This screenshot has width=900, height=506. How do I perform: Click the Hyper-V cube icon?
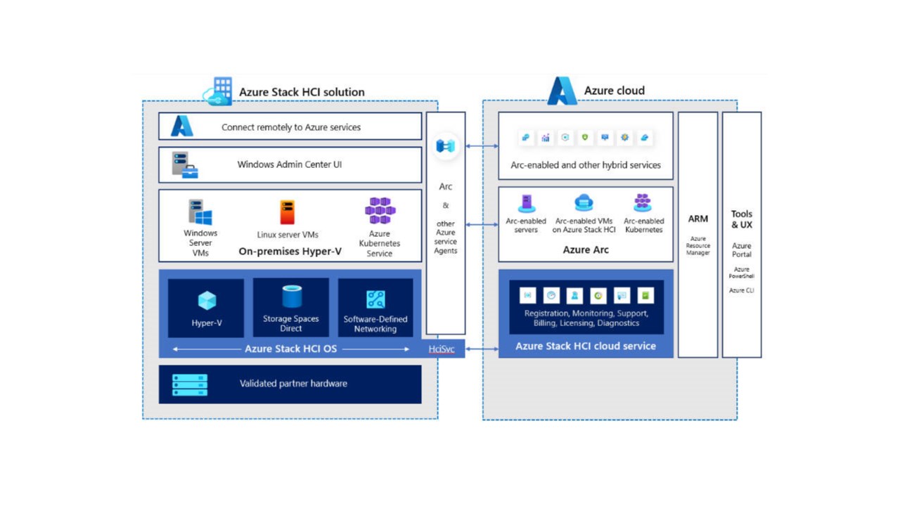[x=207, y=300]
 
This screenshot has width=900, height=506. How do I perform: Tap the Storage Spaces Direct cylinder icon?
[x=292, y=297]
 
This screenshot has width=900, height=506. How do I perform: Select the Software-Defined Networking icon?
[x=375, y=299]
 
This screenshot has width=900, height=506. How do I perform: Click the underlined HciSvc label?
[x=441, y=349]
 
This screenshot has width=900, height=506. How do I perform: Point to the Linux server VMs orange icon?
[x=288, y=212]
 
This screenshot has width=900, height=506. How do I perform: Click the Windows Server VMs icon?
[x=200, y=212]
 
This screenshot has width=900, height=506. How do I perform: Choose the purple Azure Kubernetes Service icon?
[x=380, y=210]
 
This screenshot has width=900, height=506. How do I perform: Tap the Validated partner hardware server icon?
[x=190, y=384]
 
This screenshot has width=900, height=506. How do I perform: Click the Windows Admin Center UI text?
[x=289, y=164]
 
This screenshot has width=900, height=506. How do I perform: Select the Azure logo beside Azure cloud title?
[x=562, y=91]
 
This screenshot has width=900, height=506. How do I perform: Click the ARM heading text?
[x=698, y=219]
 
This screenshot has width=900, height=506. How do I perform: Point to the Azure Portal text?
[x=741, y=249]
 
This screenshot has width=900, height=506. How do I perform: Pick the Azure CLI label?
[x=741, y=290]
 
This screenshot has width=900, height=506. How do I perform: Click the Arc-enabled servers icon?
[x=527, y=203]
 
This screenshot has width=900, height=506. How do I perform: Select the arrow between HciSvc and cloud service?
[x=482, y=349]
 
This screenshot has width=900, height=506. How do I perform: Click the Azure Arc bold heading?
[x=586, y=249]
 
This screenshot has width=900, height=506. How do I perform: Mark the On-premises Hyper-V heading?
[x=290, y=252]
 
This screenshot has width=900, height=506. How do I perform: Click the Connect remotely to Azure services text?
[x=291, y=127]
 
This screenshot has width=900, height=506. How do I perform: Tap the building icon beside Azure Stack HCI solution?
[x=218, y=91]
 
